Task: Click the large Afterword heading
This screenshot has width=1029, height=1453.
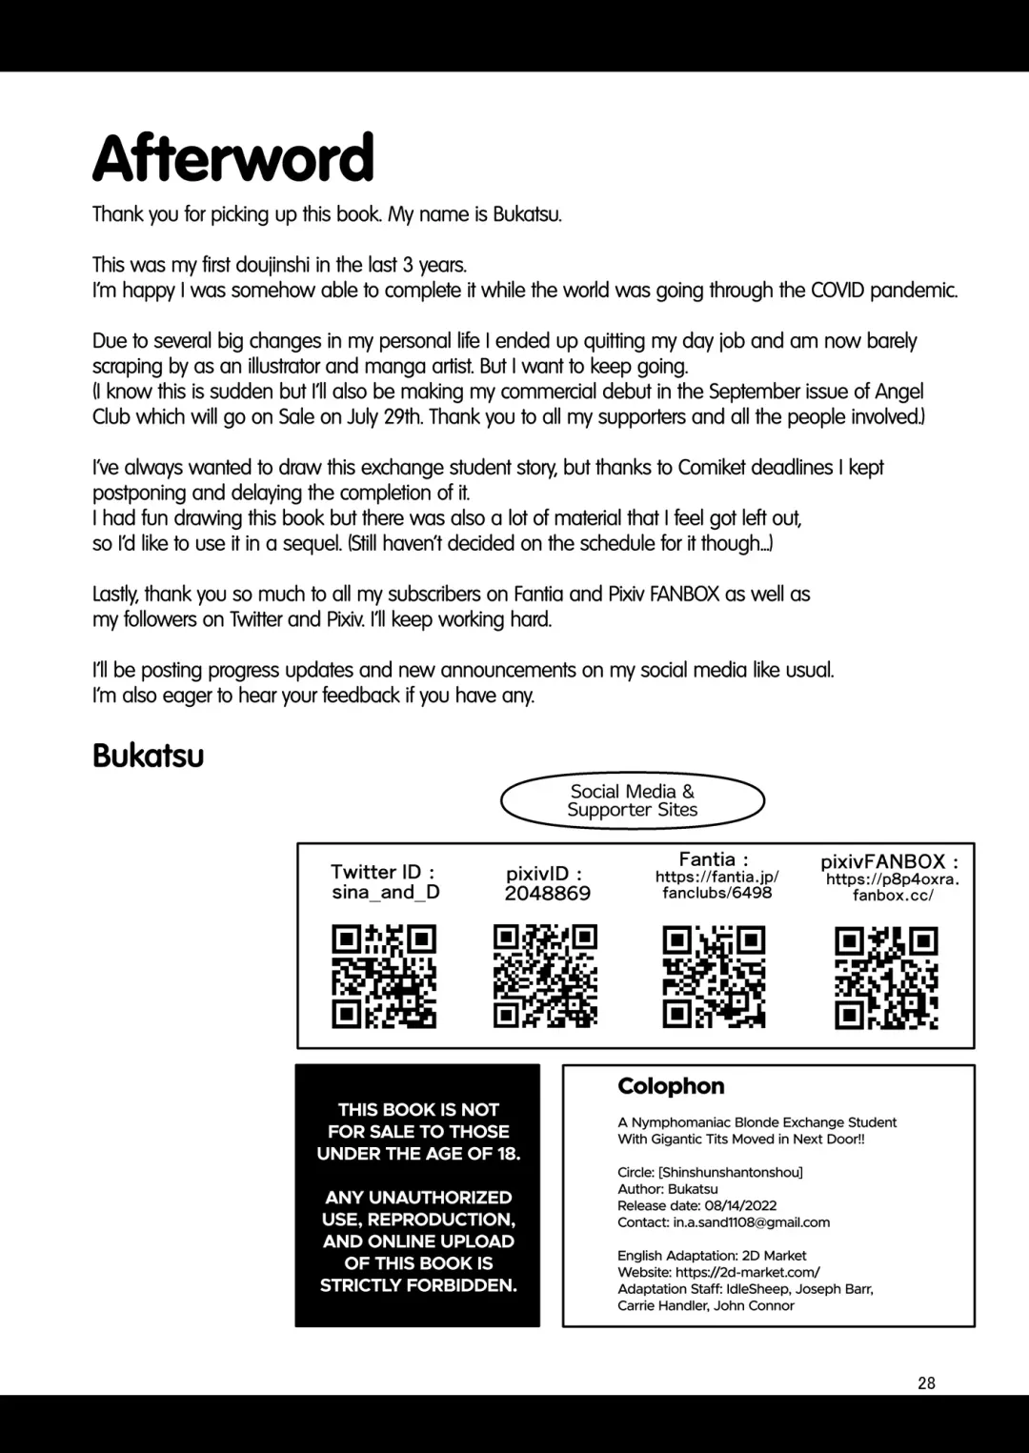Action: [x=233, y=158]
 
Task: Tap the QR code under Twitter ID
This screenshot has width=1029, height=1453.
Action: [x=384, y=976]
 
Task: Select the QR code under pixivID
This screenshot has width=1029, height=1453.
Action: [x=546, y=976]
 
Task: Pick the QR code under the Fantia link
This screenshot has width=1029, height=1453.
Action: [x=714, y=977]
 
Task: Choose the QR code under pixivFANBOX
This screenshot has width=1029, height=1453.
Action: [x=886, y=979]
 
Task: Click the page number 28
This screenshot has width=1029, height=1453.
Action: [x=926, y=1383]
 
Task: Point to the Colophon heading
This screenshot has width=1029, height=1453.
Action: [x=671, y=1086]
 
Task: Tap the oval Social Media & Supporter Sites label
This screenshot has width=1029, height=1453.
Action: [x=633, y=800]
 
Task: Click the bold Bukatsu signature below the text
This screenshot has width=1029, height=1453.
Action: [x=149, y=756]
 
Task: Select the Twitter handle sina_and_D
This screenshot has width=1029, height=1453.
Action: [x=386, y=893]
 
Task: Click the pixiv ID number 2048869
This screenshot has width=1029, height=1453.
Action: [x=547, y=894]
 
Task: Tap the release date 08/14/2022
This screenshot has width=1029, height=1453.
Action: [x=740, y=1205]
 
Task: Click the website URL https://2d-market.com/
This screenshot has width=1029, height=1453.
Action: [x=747, y=1272]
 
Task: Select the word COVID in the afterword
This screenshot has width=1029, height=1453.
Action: [x=837, y=291]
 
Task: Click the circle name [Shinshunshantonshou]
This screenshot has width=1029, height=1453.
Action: [x=730, y=1172]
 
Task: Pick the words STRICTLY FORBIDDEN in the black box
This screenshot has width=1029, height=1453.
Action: [x=418, y=1285]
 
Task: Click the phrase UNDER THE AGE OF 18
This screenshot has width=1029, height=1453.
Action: [x=418, y=1154]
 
